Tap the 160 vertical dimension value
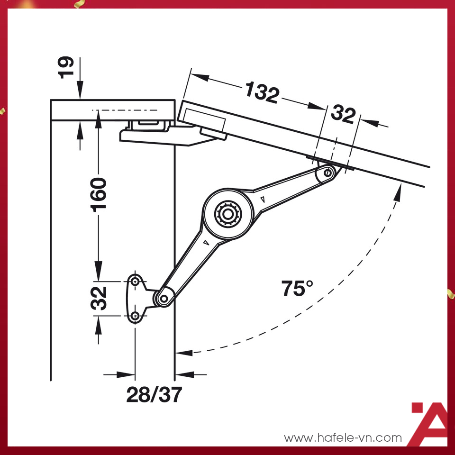point(99,195)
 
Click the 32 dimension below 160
point(99,298)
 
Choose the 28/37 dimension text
point(154,394)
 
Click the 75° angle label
point(297,289)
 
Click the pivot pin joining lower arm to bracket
point(164,298)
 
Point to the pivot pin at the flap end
point(328,173)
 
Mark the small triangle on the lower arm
point(205,243)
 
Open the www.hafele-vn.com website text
point(342,437)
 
